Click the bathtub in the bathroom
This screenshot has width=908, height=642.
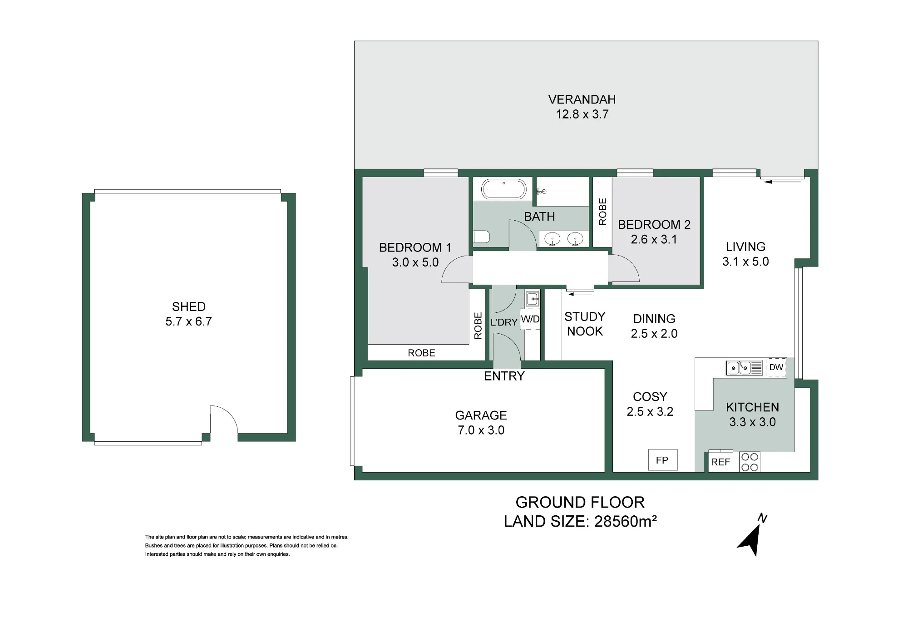503,189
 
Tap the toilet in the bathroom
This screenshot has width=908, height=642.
482,237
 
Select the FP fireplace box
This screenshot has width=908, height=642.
662,460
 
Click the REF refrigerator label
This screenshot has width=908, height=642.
720,462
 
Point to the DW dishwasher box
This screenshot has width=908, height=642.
776,367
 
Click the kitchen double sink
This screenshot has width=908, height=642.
745,368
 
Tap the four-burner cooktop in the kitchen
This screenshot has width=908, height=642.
750,462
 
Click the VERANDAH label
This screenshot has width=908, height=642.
582,99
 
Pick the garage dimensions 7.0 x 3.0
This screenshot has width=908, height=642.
481,430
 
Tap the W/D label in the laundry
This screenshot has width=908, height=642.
530,319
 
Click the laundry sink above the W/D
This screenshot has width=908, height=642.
532,299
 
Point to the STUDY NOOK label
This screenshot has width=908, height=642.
585,324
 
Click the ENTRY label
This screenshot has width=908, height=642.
504,376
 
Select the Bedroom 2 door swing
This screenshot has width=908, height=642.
624,268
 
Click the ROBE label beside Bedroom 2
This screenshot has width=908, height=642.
602,212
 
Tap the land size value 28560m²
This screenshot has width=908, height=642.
626,521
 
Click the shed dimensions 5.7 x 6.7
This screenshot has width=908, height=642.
189,321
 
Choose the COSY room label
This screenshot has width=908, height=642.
650,397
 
